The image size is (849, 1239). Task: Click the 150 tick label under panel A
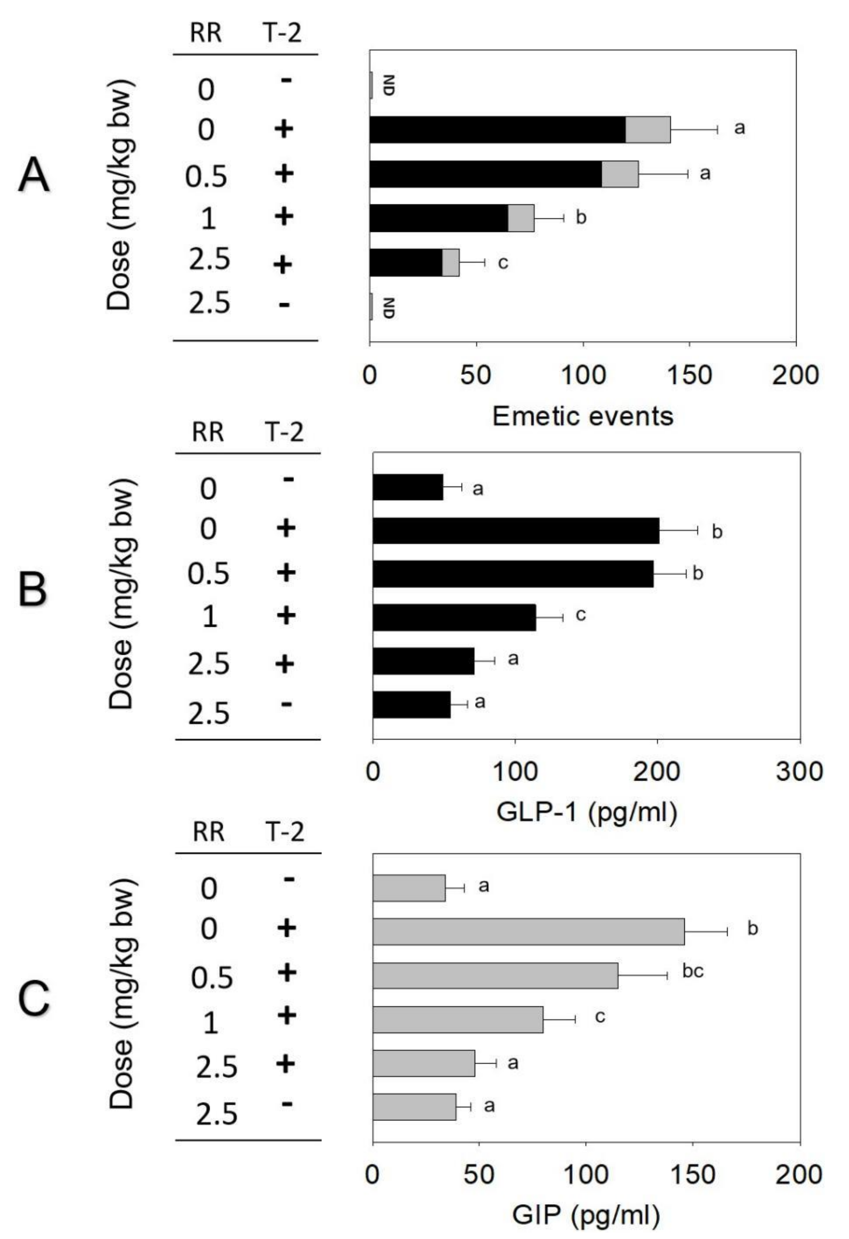[689, 375]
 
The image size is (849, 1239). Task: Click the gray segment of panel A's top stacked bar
[648, 129]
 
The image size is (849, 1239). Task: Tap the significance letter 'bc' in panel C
[693, 971]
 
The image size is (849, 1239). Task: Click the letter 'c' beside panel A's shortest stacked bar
[502, 262]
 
